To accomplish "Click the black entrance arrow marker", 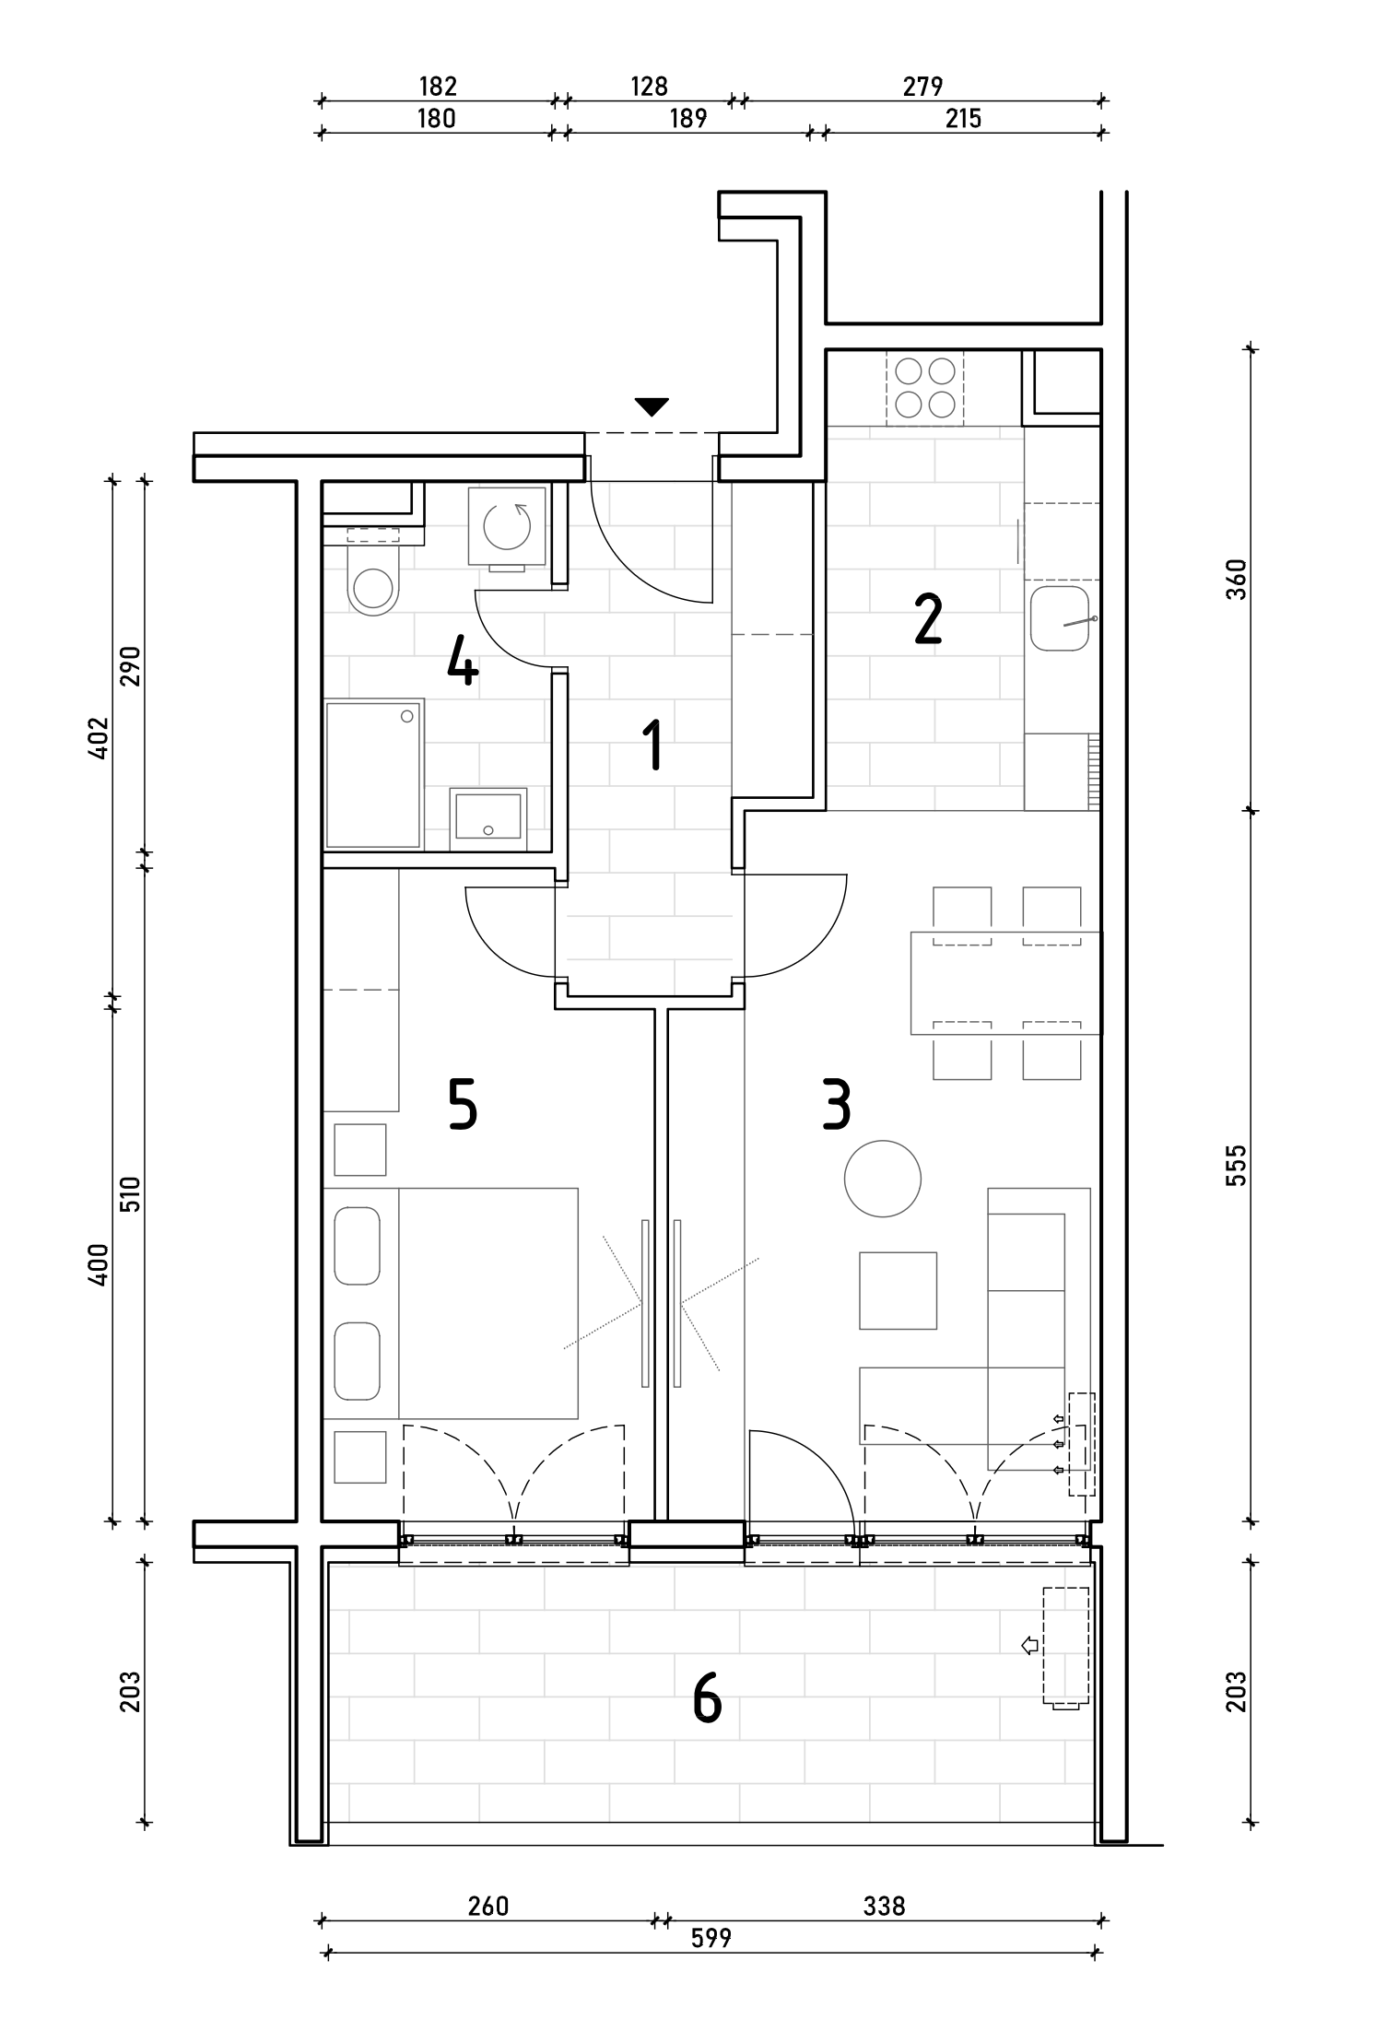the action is [652, 406].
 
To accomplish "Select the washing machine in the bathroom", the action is [507, 528].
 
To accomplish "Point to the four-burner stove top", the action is [925, 388].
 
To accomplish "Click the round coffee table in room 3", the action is [883, 1179].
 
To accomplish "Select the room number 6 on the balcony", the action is [707, 1698].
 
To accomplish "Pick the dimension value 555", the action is [1236, 1165].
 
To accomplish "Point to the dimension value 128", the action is [649, 87].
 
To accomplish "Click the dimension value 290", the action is [130, 666].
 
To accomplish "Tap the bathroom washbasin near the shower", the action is [488, 818].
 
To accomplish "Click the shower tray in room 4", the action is [374, 773].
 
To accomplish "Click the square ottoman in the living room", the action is [899, 1290].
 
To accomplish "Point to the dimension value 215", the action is [963, 119].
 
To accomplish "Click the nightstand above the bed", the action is [359, 1149].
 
